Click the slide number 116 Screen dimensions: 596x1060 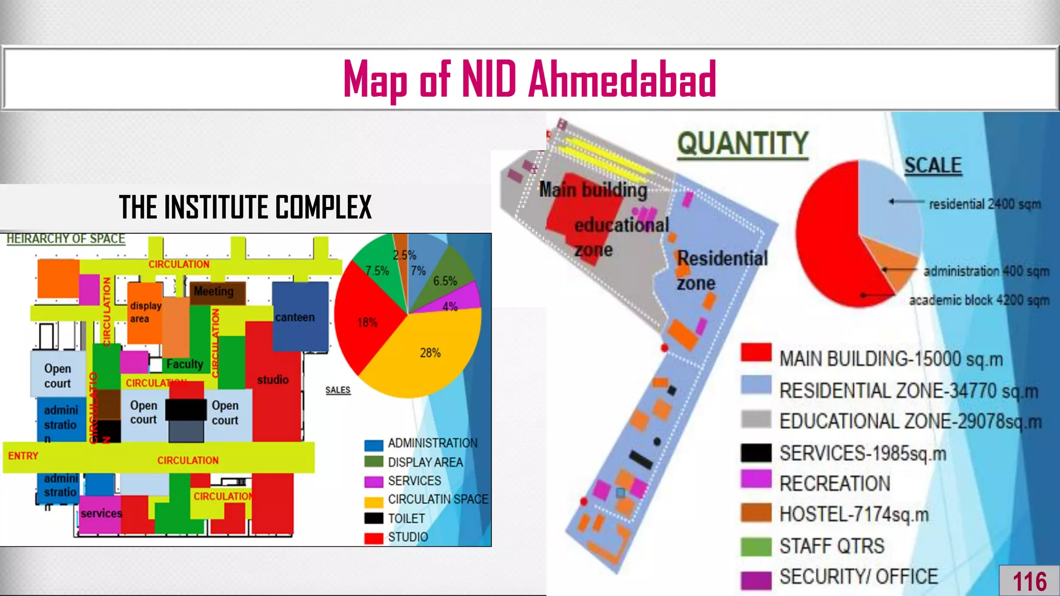[1029, 582]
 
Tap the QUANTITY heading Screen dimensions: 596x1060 [743, 144]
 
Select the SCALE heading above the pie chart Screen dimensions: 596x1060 [933, 166]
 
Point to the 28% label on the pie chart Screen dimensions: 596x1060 [430, 353]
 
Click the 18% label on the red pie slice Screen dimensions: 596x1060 [367, 323]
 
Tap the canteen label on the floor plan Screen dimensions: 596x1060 [295, 317]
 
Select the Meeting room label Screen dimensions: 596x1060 [214, 292]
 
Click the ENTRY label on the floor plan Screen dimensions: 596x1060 [23, 456]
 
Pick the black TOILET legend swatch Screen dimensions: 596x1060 [374, 518]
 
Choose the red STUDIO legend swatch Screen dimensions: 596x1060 [374, 538]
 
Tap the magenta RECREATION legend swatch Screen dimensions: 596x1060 [756, 480]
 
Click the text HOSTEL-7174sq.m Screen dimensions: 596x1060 [854, 515]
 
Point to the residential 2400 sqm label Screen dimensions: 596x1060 [984, 204]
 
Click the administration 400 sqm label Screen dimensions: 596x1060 [986, 271]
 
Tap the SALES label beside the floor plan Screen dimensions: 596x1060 [338, 390]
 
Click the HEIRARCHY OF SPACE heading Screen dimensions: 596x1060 [66, 239]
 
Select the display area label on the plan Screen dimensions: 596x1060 [145, 312]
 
